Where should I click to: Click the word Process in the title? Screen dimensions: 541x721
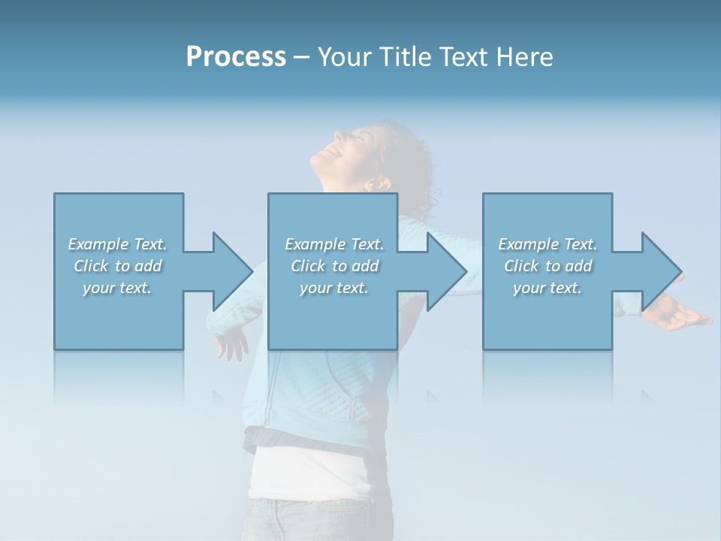(236, 57)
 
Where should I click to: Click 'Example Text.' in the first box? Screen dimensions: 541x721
(117, 244)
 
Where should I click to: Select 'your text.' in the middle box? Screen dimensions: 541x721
(333, 288)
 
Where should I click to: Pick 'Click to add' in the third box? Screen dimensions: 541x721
(548, 266)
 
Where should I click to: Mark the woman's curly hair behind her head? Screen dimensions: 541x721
(413, 165)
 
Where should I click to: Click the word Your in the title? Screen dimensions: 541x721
(346, 57)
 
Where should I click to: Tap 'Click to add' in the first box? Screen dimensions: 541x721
(118, 266)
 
